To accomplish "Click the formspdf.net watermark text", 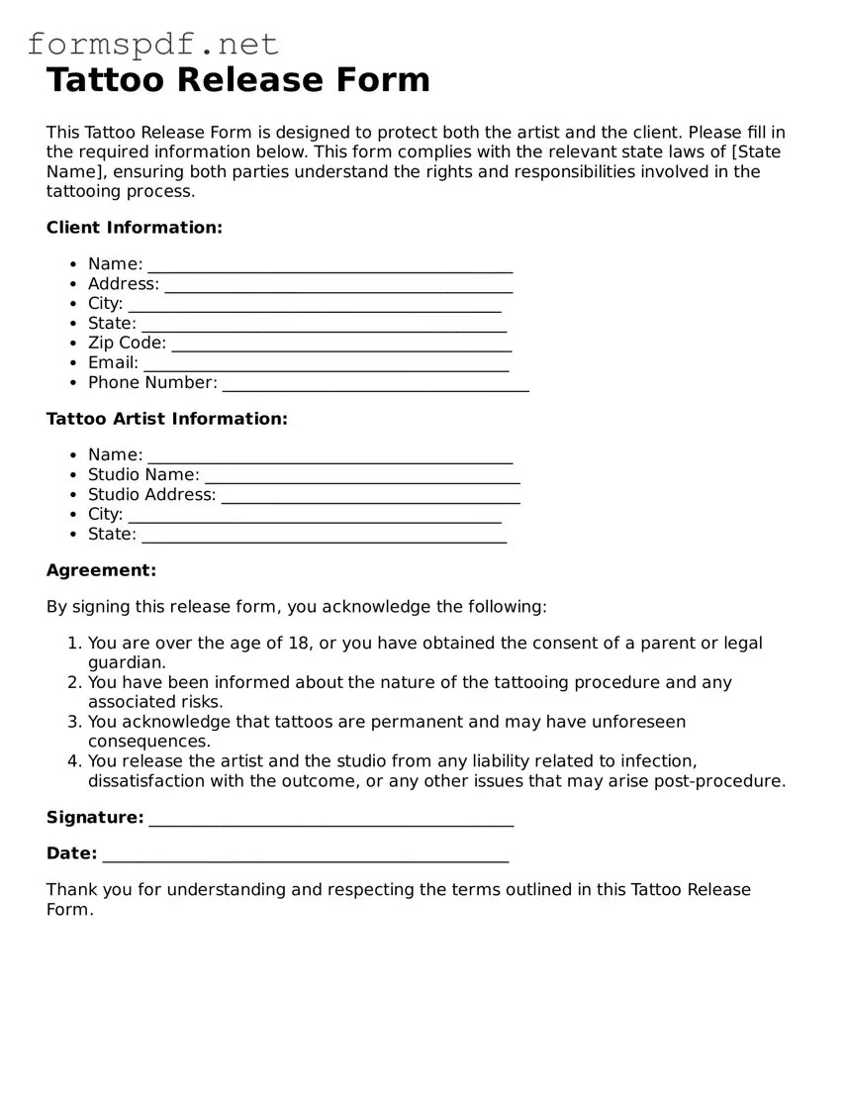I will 152,44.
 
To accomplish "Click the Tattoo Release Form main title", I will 238,79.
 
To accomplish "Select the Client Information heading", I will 135,228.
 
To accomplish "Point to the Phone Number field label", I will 152,382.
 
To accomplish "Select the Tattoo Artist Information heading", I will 167,419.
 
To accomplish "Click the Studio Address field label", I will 151,494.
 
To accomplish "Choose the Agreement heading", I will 101,570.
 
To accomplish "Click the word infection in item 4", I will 658,761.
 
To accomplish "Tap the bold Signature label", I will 95,818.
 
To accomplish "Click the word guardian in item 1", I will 127,662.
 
